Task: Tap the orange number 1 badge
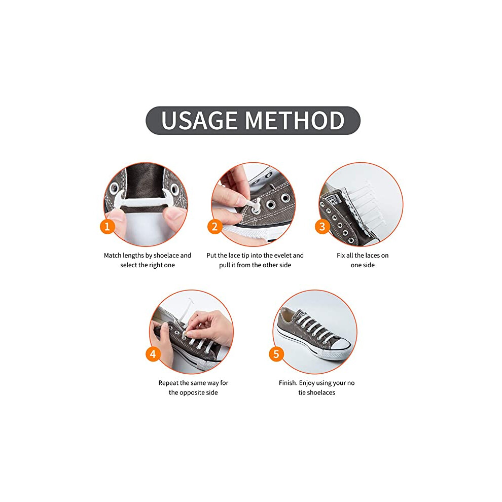click(x=107, y=227)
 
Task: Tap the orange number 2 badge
click(x=215, y=227)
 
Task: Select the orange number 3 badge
click(x=322, y=227)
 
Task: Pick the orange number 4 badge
click(x=153, y=354)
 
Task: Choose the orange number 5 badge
click(x=276, y=354)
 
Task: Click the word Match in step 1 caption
click(x=113, y=255)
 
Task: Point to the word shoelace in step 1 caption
click(x=165, y=255)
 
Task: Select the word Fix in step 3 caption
click(x=341, y=255)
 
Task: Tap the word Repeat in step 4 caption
click(x=168, y=382)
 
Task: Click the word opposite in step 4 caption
click(x=192, y=393)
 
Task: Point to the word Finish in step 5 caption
click(x=288, y=382)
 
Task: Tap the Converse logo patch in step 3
click(x=333, y=201)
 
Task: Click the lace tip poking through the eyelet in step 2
click(x=256, y=205)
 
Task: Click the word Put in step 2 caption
click(x=211, y=255)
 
